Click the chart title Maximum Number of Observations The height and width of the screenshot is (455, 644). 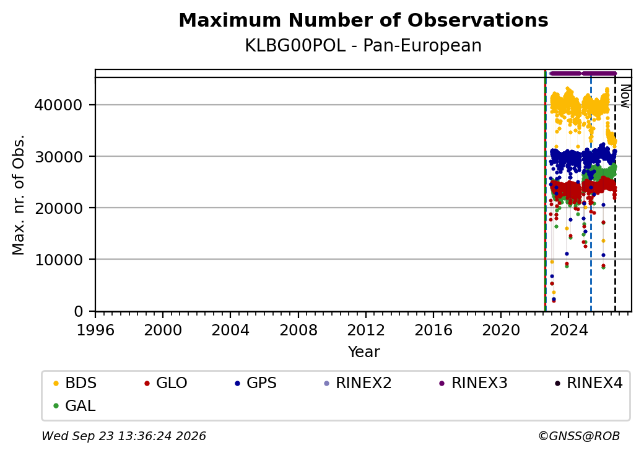coord(363,20)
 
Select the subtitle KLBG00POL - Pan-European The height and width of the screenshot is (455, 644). coord(363,45)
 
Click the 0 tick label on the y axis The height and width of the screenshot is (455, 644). coord(79,311)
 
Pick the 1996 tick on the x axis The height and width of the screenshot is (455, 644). coord(95,330)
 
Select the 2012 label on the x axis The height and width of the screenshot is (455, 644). coord(366,330)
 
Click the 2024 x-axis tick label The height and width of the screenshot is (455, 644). coord(568,330)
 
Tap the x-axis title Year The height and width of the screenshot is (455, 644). coord(364,352)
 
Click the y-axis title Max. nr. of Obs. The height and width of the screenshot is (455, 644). coord(19,194)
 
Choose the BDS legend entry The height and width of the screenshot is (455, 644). coord(75,383)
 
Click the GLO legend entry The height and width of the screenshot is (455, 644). coord(166,383)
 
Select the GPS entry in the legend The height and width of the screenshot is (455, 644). coord(256,383)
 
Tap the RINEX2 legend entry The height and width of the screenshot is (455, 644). coord(358,383)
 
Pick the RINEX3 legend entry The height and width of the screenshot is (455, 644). coord(474,383)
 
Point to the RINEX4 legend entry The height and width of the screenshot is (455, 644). coord(589,383)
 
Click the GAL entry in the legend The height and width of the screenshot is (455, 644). coord(74,405)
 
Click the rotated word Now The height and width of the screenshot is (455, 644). coord(625,96)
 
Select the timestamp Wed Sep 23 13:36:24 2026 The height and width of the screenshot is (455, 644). coord(124,436)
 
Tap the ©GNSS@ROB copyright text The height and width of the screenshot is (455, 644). coord(579,436)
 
